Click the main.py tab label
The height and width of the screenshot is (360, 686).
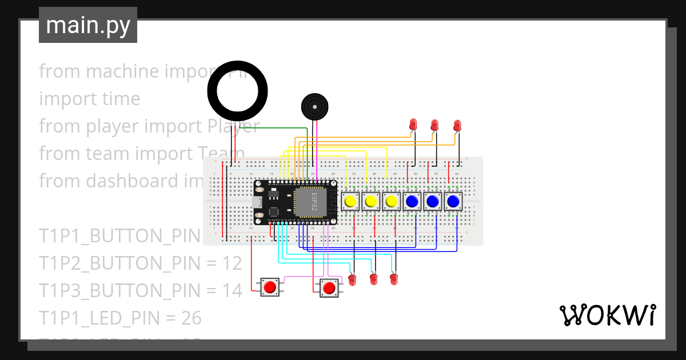pyautogui.click(x=87, y=25)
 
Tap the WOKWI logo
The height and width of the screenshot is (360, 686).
pyautogui.click(x=607, y=315)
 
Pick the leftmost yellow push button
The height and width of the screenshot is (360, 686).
pyautogui.click(x=350, y=201)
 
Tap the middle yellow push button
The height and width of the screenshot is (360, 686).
pyautogui.click(x=370, y=201)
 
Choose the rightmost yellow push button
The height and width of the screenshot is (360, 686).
pyautogui.click(x=391, y=201)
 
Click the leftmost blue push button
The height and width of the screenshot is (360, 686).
pyautogui.click(x=412, y=201)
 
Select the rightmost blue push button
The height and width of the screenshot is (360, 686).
pyautogui.click(x=453, y=201)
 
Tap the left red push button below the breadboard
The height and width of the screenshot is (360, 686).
pyautogui.click(x=270, y=287)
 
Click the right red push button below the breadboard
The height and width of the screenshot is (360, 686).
pyautogui.click(x=328, y=288)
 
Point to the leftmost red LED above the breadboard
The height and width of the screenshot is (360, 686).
pyautogui.click(x=414, y=124)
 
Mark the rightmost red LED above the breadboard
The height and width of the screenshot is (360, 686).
pyautogui.click(x=457, y=125)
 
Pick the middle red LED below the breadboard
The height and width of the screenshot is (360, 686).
pyautogui.click(x=373, y=279)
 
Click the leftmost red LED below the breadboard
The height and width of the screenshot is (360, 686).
pyautogui.click(x=352, y=279)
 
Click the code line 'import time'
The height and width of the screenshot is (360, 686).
pyautogui.click(x=89, y=99)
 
